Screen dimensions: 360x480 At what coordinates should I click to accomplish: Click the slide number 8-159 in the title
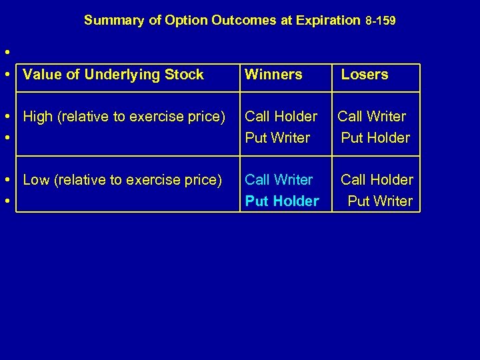point(381,21)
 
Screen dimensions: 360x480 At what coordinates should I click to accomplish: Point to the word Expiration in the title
point(329,21)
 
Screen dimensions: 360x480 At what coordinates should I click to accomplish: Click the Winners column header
point(273,75)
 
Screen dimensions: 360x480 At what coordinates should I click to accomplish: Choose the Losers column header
point(365,75)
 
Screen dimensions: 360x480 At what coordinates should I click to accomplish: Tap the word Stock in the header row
point(186,75)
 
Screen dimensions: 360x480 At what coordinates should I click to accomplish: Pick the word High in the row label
point(39,117)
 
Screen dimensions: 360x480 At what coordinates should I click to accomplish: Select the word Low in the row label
point(37,180)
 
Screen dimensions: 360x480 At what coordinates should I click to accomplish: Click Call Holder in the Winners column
point(281,117)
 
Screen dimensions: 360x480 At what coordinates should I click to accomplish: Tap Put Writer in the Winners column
point(277,138)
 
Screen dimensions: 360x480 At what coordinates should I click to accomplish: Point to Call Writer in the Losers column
point(371,117)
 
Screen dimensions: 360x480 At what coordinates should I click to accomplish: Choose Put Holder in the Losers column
point(375,138)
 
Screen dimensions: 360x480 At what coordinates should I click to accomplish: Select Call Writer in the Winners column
point(279,180)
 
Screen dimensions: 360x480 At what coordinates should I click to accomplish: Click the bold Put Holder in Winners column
point(282,201)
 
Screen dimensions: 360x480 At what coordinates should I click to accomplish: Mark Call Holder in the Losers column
point(377,180)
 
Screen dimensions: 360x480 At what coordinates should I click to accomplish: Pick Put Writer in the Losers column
point(380,201)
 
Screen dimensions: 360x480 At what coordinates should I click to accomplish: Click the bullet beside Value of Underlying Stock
point(7,75)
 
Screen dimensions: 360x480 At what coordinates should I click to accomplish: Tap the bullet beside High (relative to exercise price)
point(7,117)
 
